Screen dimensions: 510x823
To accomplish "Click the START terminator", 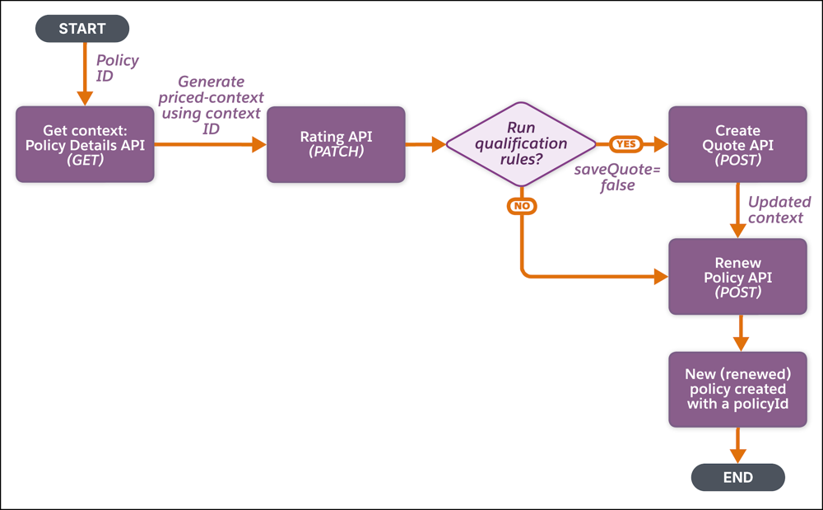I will pos(82,29).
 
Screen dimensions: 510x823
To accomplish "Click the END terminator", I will pos(737,477).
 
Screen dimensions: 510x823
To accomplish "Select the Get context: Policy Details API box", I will pos(85,144).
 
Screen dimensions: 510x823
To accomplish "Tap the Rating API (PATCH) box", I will pos(336,144).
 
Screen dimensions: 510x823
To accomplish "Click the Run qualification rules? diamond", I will pos(521,144).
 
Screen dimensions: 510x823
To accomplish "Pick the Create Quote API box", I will pos(737,144).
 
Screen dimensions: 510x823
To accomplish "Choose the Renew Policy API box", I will pos(737,277).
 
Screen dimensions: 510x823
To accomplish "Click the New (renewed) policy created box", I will pos(737,389).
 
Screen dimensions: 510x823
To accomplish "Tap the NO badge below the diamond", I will pos(522,206).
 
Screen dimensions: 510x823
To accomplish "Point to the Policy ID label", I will pos(118,68).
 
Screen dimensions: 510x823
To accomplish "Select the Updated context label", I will pos(779,209).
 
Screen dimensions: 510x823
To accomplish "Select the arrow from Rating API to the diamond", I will pos(425,144).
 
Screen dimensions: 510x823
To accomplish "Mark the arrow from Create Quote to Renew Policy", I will pos(737,211).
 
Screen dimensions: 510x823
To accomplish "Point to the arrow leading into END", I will pos(737,447).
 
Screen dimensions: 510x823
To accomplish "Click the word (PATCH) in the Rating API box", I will pos(336,153).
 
